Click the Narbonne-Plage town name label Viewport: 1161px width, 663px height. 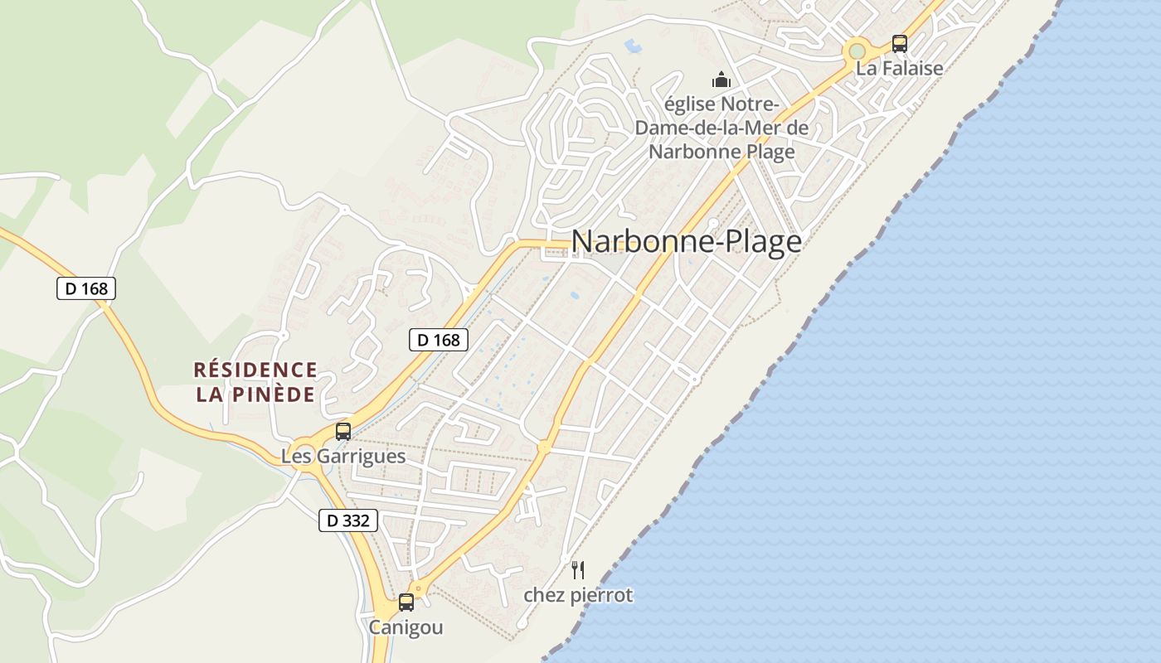pyautogui.click(x=687, y=242)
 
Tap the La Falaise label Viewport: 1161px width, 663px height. pyautogui.click(x=900, y=68)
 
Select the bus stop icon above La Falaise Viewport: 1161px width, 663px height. pyautogui.click(x=900, y=43)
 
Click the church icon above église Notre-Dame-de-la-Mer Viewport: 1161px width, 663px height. pyautogui.click(x=721, y=80)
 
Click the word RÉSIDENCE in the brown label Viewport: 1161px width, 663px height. pyautogui.click(x=255, y=370)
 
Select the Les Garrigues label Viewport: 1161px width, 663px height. pyautogui.click(x=343, y=456)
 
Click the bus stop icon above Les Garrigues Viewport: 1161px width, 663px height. pyautogui.click(x=343, y=431)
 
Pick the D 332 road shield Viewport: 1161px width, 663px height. pyautogui.click(x=348, y=520)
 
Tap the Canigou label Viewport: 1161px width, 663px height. pyautogui.click(x=406, y=627)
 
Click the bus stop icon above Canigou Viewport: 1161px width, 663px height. pyautogui.click(x=406, y=603)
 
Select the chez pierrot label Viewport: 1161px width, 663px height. pyautogui.click(x=578, y=595)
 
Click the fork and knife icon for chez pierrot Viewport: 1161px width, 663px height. pyautogui.click(x=578, y=570)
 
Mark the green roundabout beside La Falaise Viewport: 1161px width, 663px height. pyautogui.click(x=857, y=51)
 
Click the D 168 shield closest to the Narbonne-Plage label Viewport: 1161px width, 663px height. pyautogui.click(x=439, y=339)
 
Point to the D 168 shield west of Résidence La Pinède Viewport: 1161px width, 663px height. pyautogui.click(x=86, y=288)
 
